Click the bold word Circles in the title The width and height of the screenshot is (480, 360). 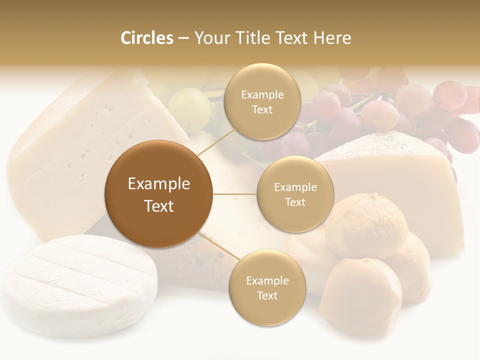point(147,38)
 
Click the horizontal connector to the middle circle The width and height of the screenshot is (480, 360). point(234,194)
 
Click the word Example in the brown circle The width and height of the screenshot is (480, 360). point(158,184)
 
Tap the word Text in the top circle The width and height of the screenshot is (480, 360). point(262,110)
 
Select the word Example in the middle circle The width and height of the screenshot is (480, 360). point(295,187)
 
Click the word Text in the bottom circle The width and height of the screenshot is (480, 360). point(267,296)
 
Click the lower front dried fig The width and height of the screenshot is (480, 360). point(360,295)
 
